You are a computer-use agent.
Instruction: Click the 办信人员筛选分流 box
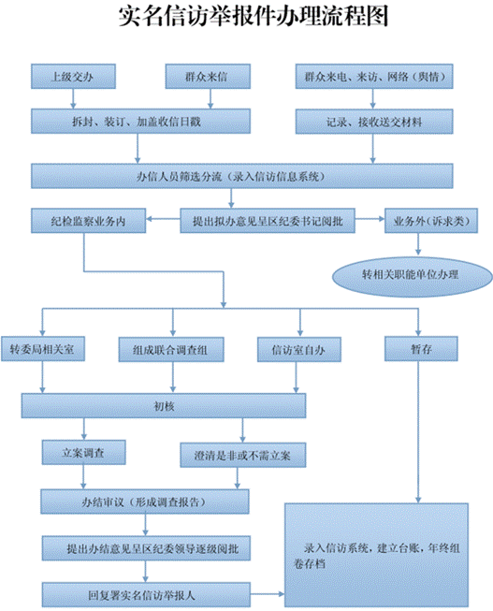click(246, 176)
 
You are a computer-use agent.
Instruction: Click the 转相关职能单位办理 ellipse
click(412, 273)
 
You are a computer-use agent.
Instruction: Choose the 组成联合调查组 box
click(170, 348)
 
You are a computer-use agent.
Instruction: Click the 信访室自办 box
click(297, 348)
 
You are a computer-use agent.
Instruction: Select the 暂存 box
click(420, 348)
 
